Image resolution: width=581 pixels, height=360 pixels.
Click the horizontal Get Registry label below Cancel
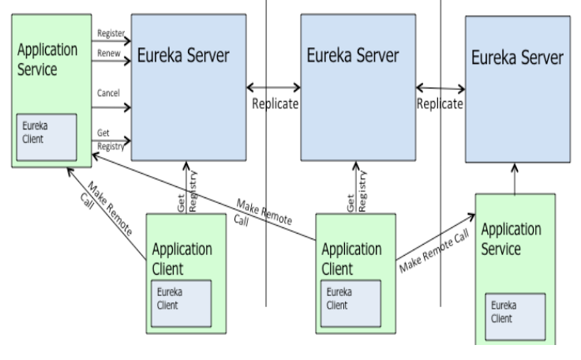click(x=109, y=130)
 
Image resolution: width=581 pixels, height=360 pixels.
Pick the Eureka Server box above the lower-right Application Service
click(x=517, y=87)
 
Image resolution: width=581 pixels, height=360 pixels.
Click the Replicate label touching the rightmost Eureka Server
click(x=440, y=104)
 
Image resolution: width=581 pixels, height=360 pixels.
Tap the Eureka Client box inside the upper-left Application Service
click(x=47, y=134)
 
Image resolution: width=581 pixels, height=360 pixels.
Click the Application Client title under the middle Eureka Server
click(x=353, y=257)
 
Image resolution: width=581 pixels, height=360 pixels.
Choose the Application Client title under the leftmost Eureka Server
click(x=182, y=257)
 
